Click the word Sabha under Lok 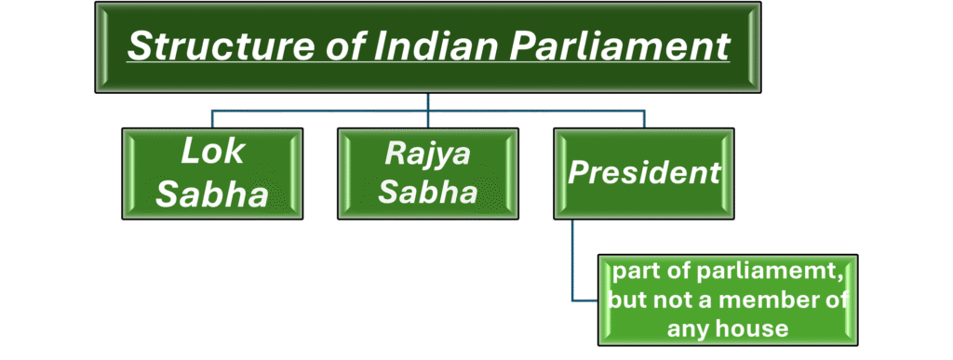coord(212,194)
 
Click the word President coord(644,172)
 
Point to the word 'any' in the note coord(689,327)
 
